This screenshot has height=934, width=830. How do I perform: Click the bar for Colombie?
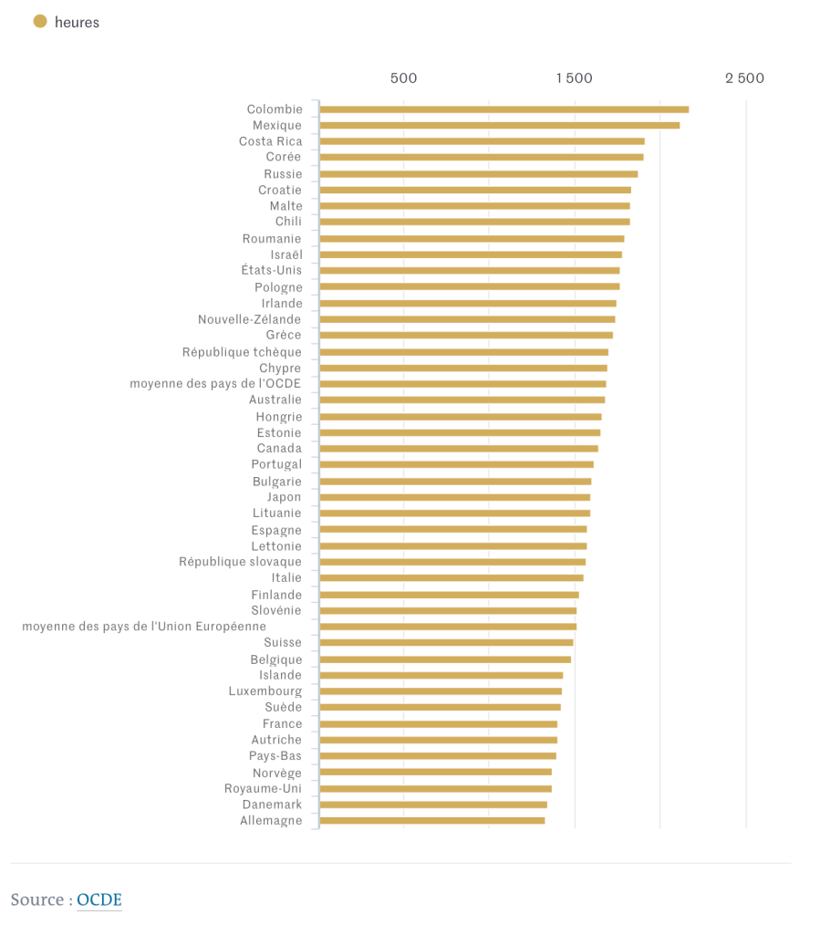[503, 109]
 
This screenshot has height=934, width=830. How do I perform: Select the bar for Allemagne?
[432, 821]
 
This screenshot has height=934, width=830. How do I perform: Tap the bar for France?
[438, 724]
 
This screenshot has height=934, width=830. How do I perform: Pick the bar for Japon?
[454, 497]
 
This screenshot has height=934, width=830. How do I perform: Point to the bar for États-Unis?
[469, 271]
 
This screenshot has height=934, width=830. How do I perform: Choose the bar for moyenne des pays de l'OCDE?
[462, 384]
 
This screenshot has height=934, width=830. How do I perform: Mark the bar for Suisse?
[446, 643]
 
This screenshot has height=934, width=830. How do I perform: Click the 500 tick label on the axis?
[403, 78]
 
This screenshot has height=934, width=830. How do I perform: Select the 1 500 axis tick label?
[574, 78]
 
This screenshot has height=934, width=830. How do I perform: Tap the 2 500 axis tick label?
[744, 78]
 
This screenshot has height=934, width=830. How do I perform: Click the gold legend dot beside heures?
[40, 21]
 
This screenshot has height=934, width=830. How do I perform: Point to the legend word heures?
[77, 22]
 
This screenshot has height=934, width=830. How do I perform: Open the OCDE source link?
[99, 900]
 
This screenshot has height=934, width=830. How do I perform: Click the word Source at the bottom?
[37, 900]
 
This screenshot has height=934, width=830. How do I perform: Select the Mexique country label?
[277, 125]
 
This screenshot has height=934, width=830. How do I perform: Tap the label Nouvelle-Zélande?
[249, 319]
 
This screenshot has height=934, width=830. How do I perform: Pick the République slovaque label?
[240, 562]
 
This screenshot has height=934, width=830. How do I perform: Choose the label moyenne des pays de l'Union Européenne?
[144, 627]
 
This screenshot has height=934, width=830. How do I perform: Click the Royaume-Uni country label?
[263, 789]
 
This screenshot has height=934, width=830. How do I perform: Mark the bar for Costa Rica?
[482, 141]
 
